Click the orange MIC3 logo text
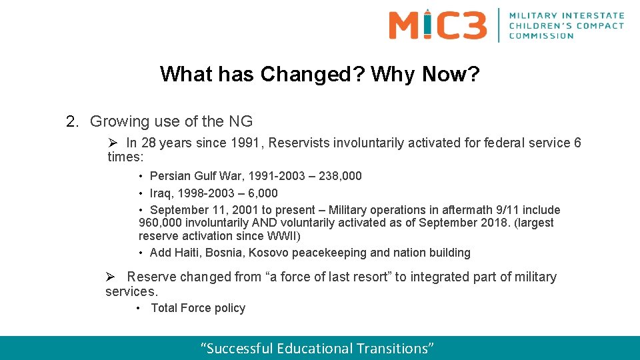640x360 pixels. (x=437, y=25)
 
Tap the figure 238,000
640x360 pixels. (x=340, y=176)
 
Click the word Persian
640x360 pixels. (x=170, y=176)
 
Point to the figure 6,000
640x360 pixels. (x=261, y=193)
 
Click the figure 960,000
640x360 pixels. (x=160, y=223)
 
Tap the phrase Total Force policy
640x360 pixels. (x=198, y=308)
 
